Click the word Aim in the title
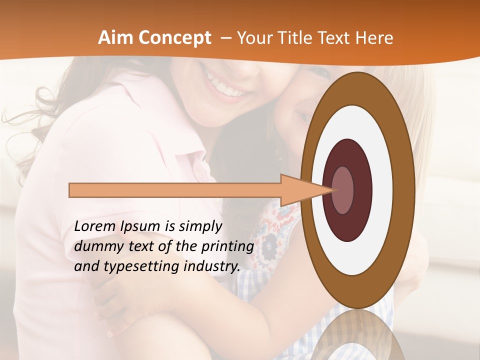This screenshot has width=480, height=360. pos(114,38)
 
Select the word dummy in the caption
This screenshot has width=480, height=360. pos(95,246)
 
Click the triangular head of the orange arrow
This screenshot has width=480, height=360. pos(300,190)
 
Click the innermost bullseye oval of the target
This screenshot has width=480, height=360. pos(342,190)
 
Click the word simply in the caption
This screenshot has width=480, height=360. pos(200,227)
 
